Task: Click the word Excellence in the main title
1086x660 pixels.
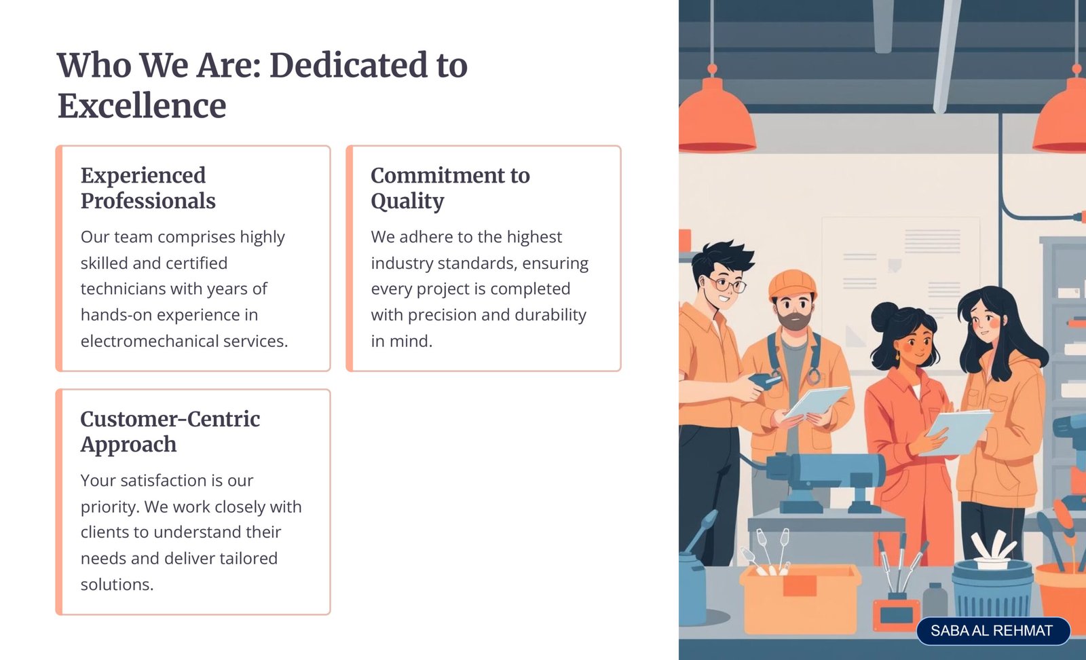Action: pyautogui.click(x=142, y=106)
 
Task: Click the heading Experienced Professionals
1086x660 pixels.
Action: pyautogui.click(x=148, y=188)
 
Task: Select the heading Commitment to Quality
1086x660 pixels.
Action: pyautogui.click(x=451, y=188)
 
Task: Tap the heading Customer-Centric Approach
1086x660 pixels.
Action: pyautogui.click(x=170, y=432)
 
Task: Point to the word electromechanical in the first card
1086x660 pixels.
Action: pyautogui.click(x=149, y=341)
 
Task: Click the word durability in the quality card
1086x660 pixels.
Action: pyautogui.click(x=550, y=315)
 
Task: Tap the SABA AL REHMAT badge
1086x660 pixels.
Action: pyautogui.click(x=993, y=631)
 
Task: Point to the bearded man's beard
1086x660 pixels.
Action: pyautogui.click(x=794, y=320)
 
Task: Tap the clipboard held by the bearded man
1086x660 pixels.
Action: pyautogui.click(x=817, y=401)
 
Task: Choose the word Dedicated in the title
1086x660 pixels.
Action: pyautogui.click(x=349, y=65)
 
